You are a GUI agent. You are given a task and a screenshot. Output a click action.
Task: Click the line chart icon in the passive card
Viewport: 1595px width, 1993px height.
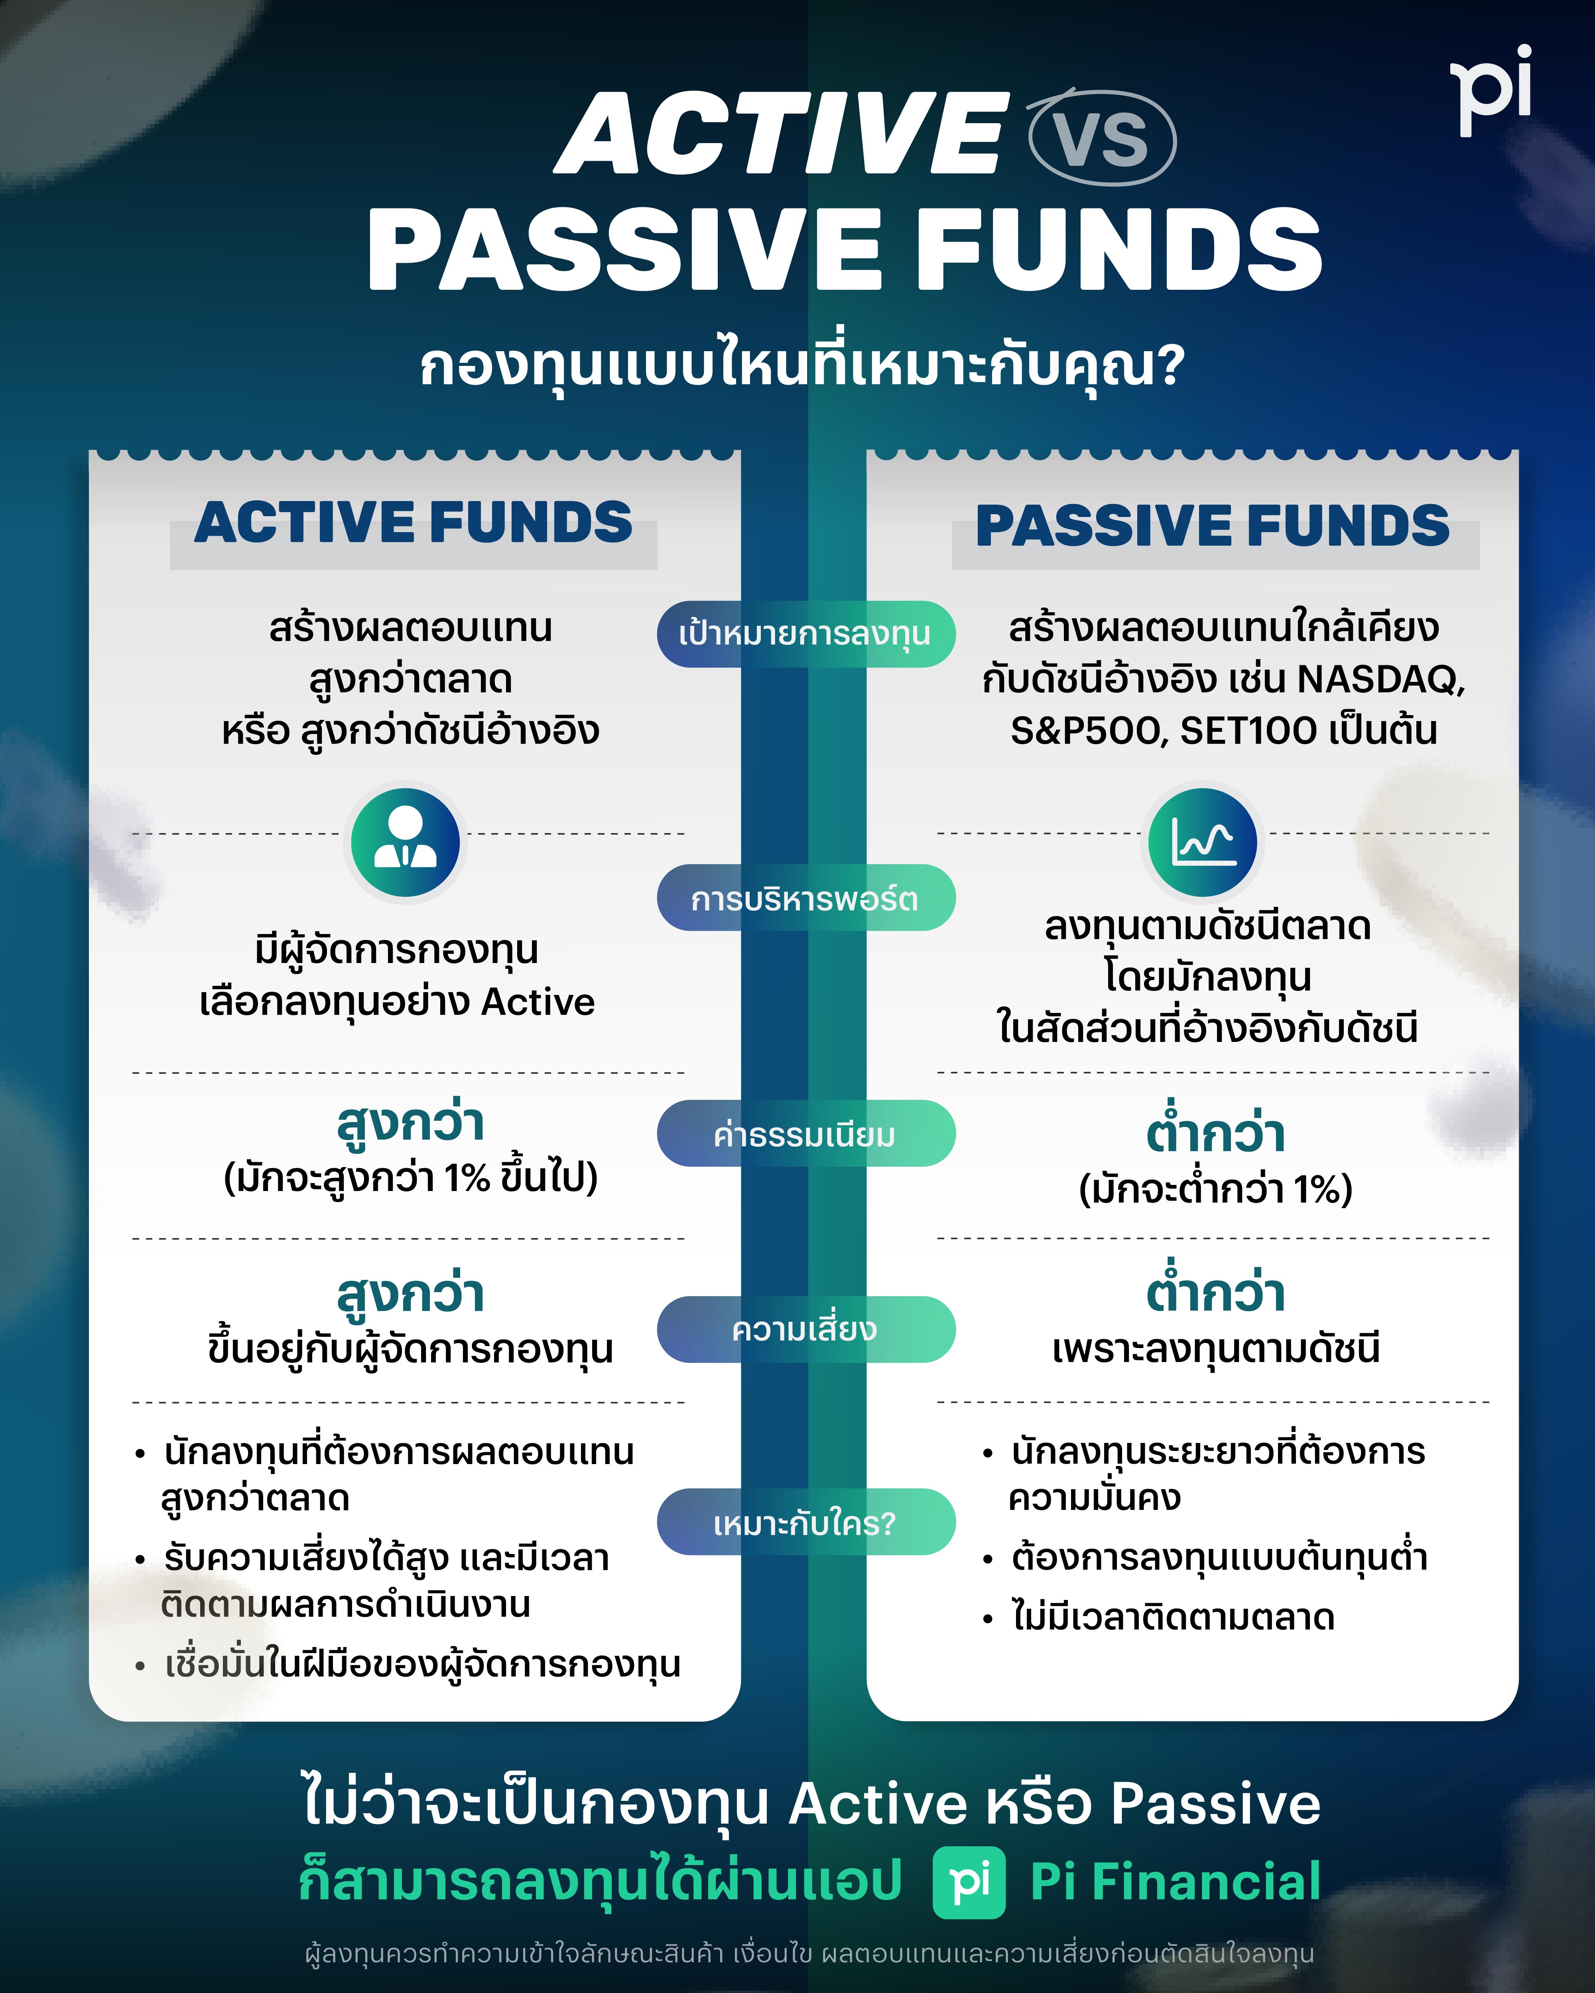1202,841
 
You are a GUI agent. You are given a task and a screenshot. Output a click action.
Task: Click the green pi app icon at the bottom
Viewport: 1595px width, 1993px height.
968,1882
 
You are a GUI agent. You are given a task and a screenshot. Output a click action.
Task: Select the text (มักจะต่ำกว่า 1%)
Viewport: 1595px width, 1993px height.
1215,1189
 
